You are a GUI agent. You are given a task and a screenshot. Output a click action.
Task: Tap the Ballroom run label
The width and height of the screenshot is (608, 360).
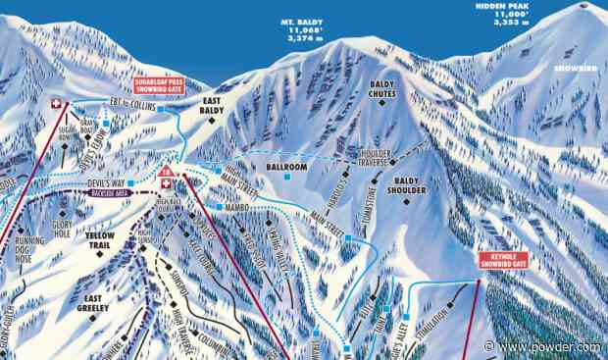(x=287, y=168)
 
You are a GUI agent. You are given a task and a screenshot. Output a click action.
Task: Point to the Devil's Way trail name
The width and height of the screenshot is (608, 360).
(x=110, y=183)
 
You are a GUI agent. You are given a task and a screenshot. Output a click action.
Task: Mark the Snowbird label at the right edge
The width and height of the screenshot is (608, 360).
(x=572, y=69)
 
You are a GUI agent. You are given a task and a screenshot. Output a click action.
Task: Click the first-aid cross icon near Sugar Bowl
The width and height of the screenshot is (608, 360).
(x=57, y=102)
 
